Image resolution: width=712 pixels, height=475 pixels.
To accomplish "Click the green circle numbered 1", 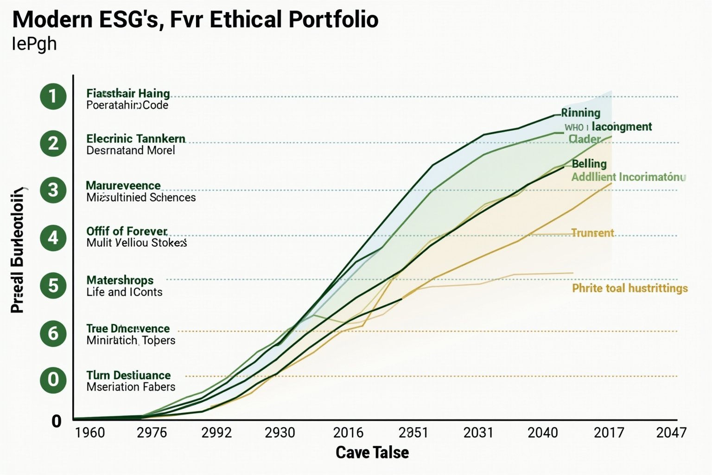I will [53, 96].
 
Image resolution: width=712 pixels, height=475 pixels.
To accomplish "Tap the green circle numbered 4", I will [53, 237].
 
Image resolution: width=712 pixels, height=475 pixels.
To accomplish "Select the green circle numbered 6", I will [53, 333].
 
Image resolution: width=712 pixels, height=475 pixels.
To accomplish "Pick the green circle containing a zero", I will [53, 379].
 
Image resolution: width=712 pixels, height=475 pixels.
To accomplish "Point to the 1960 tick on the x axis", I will [90, 433].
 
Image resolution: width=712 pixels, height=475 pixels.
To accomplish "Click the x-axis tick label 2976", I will [152, 433].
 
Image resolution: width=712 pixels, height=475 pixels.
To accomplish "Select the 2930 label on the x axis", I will [280, 433].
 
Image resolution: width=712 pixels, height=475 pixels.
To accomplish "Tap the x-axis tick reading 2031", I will [478, 433].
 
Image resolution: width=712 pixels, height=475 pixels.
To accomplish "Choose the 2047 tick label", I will [671, 433].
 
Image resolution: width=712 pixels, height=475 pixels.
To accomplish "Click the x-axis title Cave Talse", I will [372, 452].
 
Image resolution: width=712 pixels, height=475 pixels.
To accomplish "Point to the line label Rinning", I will [581, 113].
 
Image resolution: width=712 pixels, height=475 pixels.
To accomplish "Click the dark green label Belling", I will [589, 164].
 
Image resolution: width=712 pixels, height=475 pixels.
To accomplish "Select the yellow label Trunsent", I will [592, 233].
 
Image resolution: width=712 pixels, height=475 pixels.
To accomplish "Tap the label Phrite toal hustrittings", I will [629, 289].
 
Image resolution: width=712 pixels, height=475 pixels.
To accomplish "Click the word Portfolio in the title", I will [333, 19].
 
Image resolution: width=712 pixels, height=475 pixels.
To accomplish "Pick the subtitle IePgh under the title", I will [34, 44].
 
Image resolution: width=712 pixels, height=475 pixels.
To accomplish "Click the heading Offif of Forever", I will [127, 231].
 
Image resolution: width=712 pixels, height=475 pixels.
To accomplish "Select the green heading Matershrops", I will [120, 280].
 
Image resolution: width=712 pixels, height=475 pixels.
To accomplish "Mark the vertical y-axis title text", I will [18, 250].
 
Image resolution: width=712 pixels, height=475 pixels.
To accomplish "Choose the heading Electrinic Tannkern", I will [136, 139].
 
